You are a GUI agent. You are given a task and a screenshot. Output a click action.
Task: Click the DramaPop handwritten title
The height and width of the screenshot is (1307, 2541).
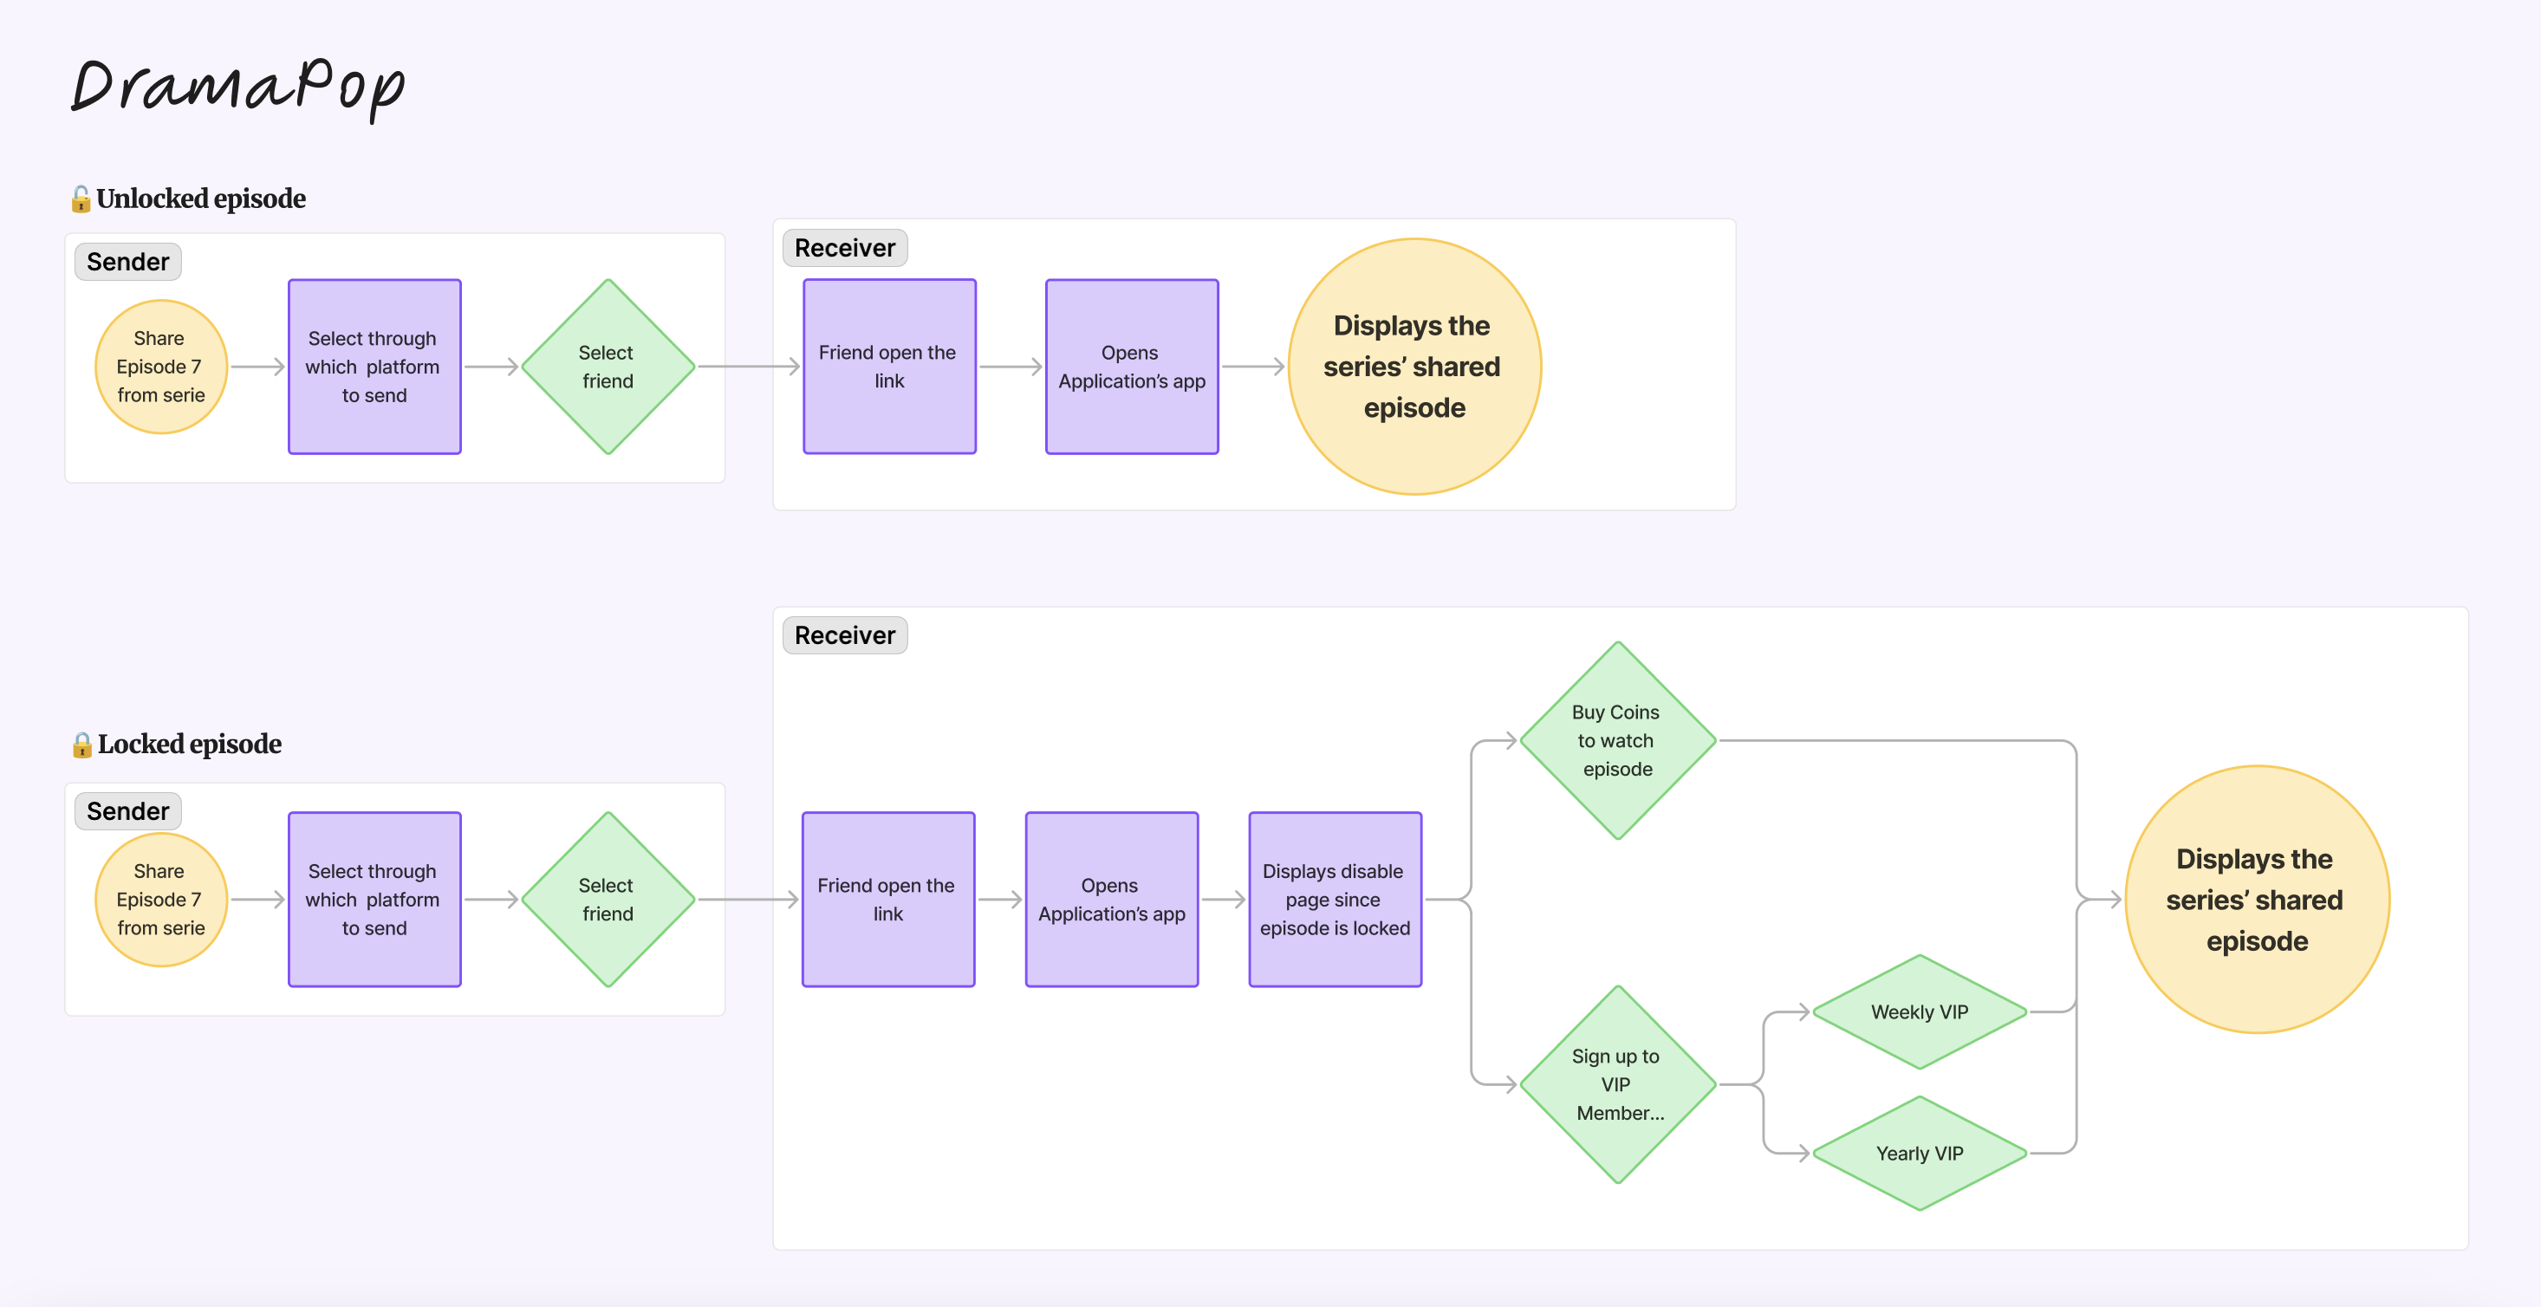(237, 87)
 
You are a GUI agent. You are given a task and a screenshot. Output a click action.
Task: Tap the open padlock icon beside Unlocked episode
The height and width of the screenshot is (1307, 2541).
(81, 199)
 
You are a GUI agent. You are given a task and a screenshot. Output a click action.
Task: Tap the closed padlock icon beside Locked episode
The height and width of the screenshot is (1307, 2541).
(81, 745)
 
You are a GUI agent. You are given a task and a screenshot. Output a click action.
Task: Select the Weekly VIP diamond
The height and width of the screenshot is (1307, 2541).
(1920, 1012)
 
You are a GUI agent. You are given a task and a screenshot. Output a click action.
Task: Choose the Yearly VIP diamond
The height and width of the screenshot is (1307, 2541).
(1920, 1153)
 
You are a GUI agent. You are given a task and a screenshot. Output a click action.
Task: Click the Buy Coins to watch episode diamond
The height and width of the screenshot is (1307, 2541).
(1618, 741)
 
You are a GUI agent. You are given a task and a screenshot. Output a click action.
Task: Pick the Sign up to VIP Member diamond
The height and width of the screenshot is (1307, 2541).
(1618, 1084)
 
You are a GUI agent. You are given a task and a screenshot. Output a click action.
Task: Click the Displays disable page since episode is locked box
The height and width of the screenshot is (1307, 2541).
(1335, 900)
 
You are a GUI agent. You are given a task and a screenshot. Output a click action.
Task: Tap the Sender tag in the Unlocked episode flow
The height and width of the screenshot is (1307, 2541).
(128, 262)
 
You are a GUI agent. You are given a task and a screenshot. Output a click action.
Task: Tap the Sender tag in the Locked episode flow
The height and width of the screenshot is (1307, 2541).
(128, 811)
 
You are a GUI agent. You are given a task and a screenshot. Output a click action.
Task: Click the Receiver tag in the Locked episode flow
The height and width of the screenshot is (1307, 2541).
(845, 635)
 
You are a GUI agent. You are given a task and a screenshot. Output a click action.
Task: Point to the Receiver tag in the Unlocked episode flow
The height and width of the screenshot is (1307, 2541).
(845, 248)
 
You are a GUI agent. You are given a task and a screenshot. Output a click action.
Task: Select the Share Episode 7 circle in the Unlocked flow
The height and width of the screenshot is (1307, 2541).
(161, 367)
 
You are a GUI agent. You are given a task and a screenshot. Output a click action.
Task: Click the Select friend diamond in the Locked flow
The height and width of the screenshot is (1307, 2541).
(608, 900)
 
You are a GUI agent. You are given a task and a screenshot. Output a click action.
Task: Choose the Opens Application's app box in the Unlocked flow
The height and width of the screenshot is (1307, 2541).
(1133, 367)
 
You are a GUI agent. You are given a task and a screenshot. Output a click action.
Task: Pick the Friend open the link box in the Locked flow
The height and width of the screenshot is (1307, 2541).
(887, 900)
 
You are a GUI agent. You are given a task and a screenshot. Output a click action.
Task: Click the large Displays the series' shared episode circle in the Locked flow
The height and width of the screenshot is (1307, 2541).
(2257, 900)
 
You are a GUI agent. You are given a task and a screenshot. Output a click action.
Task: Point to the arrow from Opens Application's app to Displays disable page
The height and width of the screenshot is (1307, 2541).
(1223, 900)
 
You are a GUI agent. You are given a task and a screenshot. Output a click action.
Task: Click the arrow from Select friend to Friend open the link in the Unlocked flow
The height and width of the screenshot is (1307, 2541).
(749, 367)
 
